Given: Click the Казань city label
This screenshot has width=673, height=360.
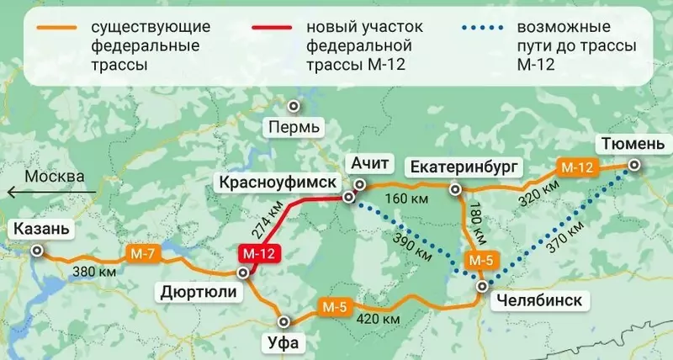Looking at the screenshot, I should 40,230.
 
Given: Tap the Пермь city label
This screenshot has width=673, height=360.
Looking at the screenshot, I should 293,128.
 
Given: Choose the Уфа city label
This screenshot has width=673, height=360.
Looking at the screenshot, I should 283,342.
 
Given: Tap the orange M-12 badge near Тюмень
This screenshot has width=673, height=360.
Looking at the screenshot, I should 576,167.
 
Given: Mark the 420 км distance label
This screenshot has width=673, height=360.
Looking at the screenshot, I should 377,319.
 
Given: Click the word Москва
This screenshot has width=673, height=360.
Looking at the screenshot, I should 55,177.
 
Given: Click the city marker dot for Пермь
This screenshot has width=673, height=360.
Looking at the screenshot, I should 294,106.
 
